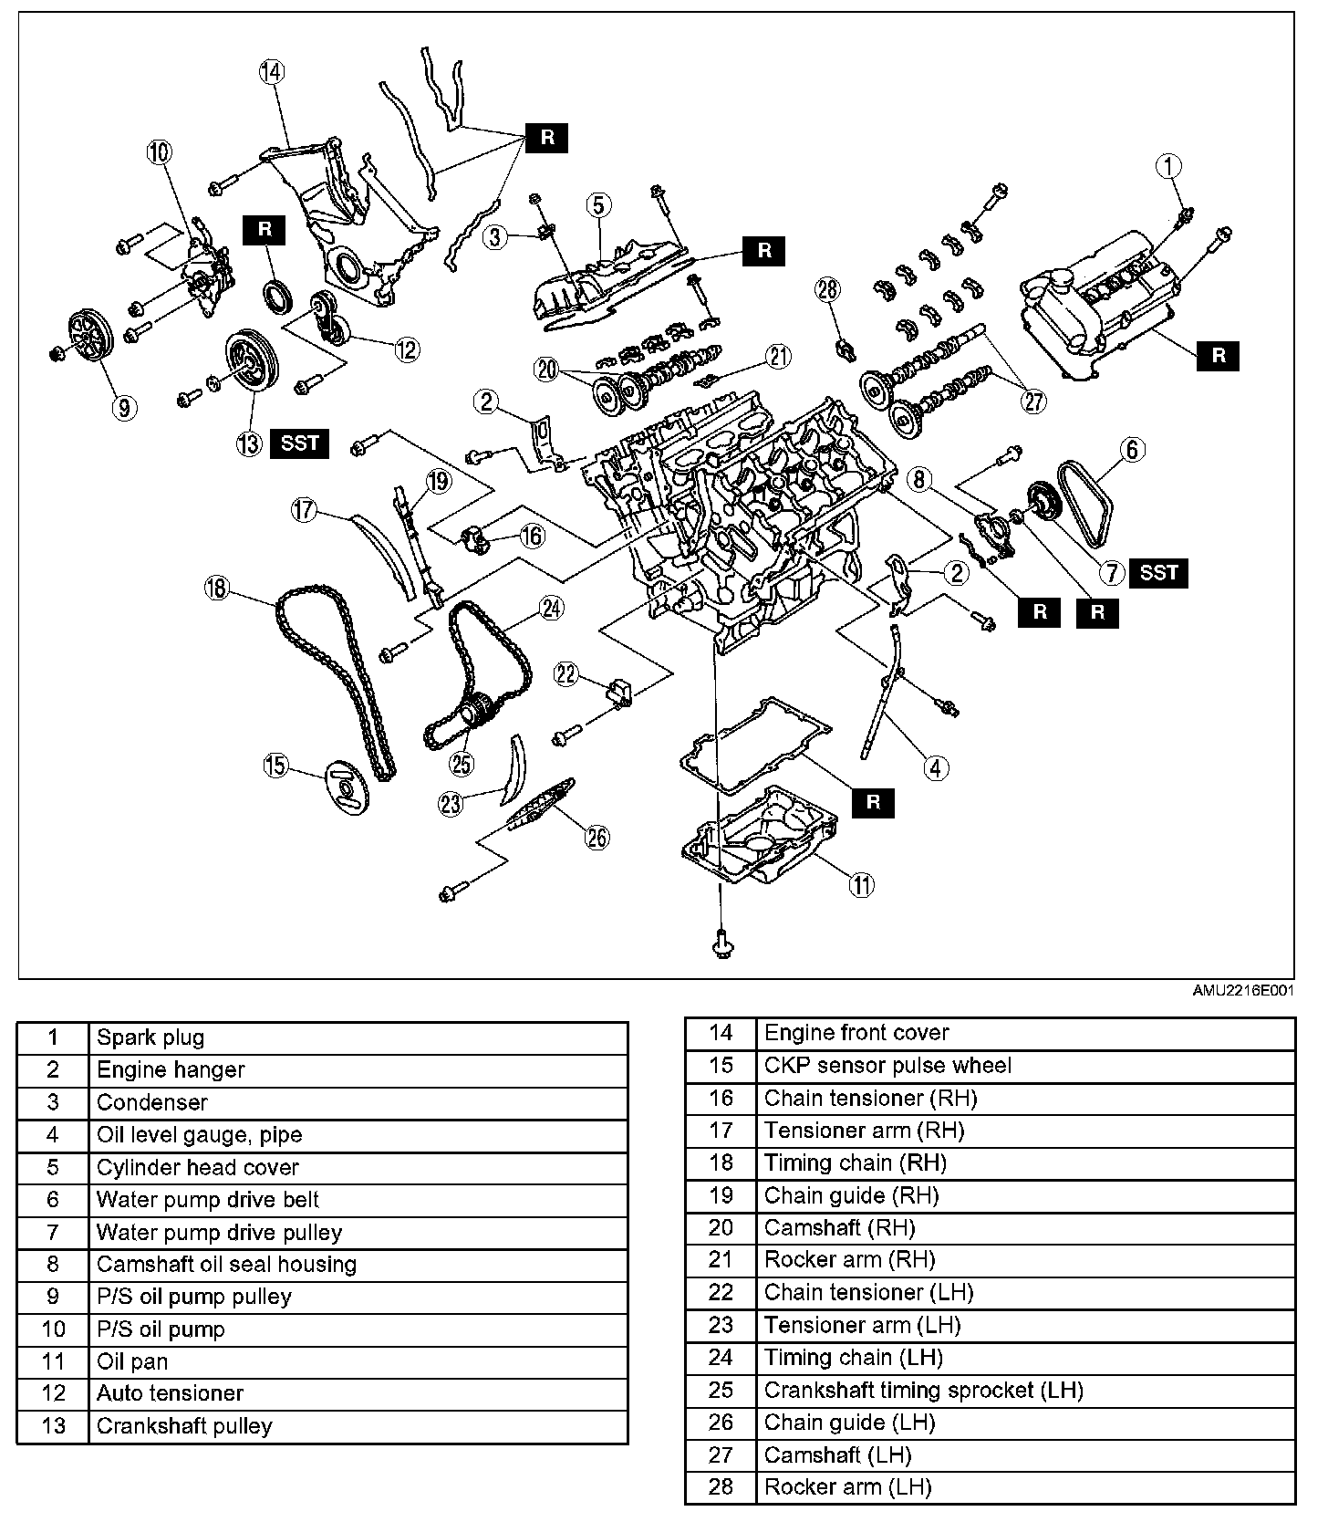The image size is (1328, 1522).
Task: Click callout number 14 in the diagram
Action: click(272, 71)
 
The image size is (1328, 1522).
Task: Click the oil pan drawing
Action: click(762, 835)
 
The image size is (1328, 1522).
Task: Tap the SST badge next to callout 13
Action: click(300, 443)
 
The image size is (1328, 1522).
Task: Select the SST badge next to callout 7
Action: click(1158, 572)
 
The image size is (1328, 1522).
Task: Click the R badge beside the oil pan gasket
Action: click(873, 802)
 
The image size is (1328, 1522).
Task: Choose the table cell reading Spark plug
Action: click(358, 1037)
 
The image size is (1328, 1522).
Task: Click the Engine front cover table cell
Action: click(1024, 1033)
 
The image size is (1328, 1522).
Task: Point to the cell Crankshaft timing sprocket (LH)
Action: click(1024, 1390)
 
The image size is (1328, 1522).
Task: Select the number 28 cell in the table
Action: click(721, 1487)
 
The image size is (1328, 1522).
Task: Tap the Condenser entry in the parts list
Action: click(358, 1102)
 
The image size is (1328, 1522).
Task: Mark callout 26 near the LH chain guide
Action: click(597, 837)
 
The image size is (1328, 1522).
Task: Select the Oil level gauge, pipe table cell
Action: click(358, 1135)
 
